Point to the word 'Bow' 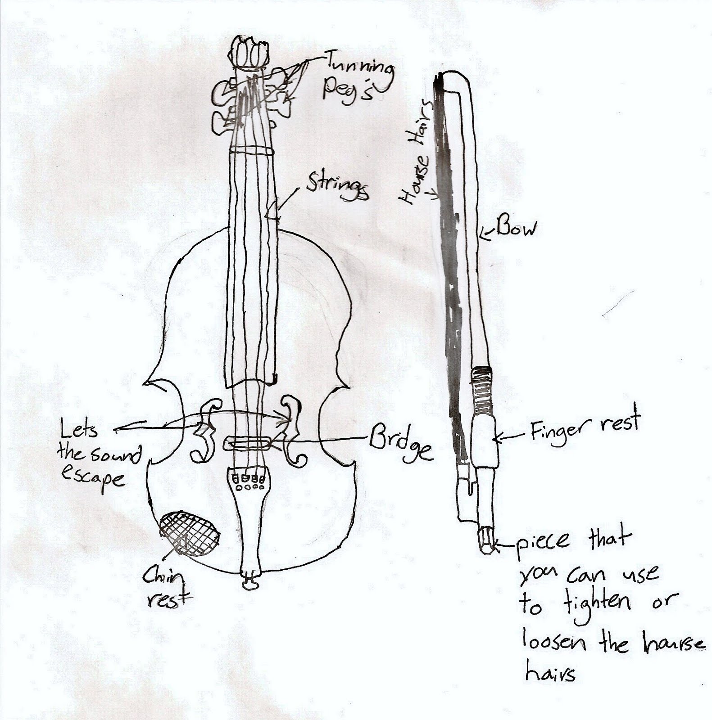517,229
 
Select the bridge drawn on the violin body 249,443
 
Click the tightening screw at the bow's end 486,540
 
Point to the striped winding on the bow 481,389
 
